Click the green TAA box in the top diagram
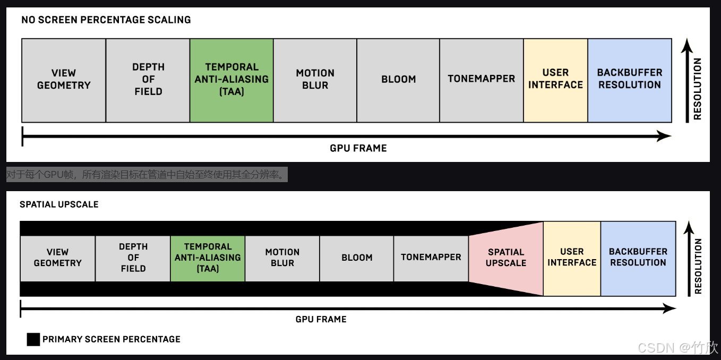pyautogui.click(x=231, y=80)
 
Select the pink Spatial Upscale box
pyautogui.click(x=506, y=258)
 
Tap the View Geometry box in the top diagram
pyautogui.click(x=64, y=80)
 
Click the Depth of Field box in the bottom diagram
pyautogui.click(x=133, y=258)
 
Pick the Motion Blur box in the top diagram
pyautogui.click(x=315, y=80)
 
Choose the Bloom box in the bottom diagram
pyautogui.click(x=357, y=258)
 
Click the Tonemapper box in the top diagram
pyautogui.click(x=481, y=80)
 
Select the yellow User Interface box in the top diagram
pyautogui.click(x=555, y=80)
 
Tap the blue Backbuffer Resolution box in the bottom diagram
pyautogui.click(x=638, y=258)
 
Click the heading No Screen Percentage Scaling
pyautogui.click(x=106, y=20)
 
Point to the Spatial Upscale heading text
pyautogui.click(x=59, y=204)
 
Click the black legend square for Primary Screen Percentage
pyautogui.click(x=33, y=339)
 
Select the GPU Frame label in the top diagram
pyautogui.click(x=358, y=148)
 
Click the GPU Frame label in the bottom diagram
pyautogui.click(x=321, y=319)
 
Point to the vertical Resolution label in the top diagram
pyautogui.click(x=697, y=89)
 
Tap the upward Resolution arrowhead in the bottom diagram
pyautogui.click(x=689, y=227)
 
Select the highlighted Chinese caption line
pyautogui.click(x=147, y=175)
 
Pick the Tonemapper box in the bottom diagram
pyautogui.click(x=431, y=258)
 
